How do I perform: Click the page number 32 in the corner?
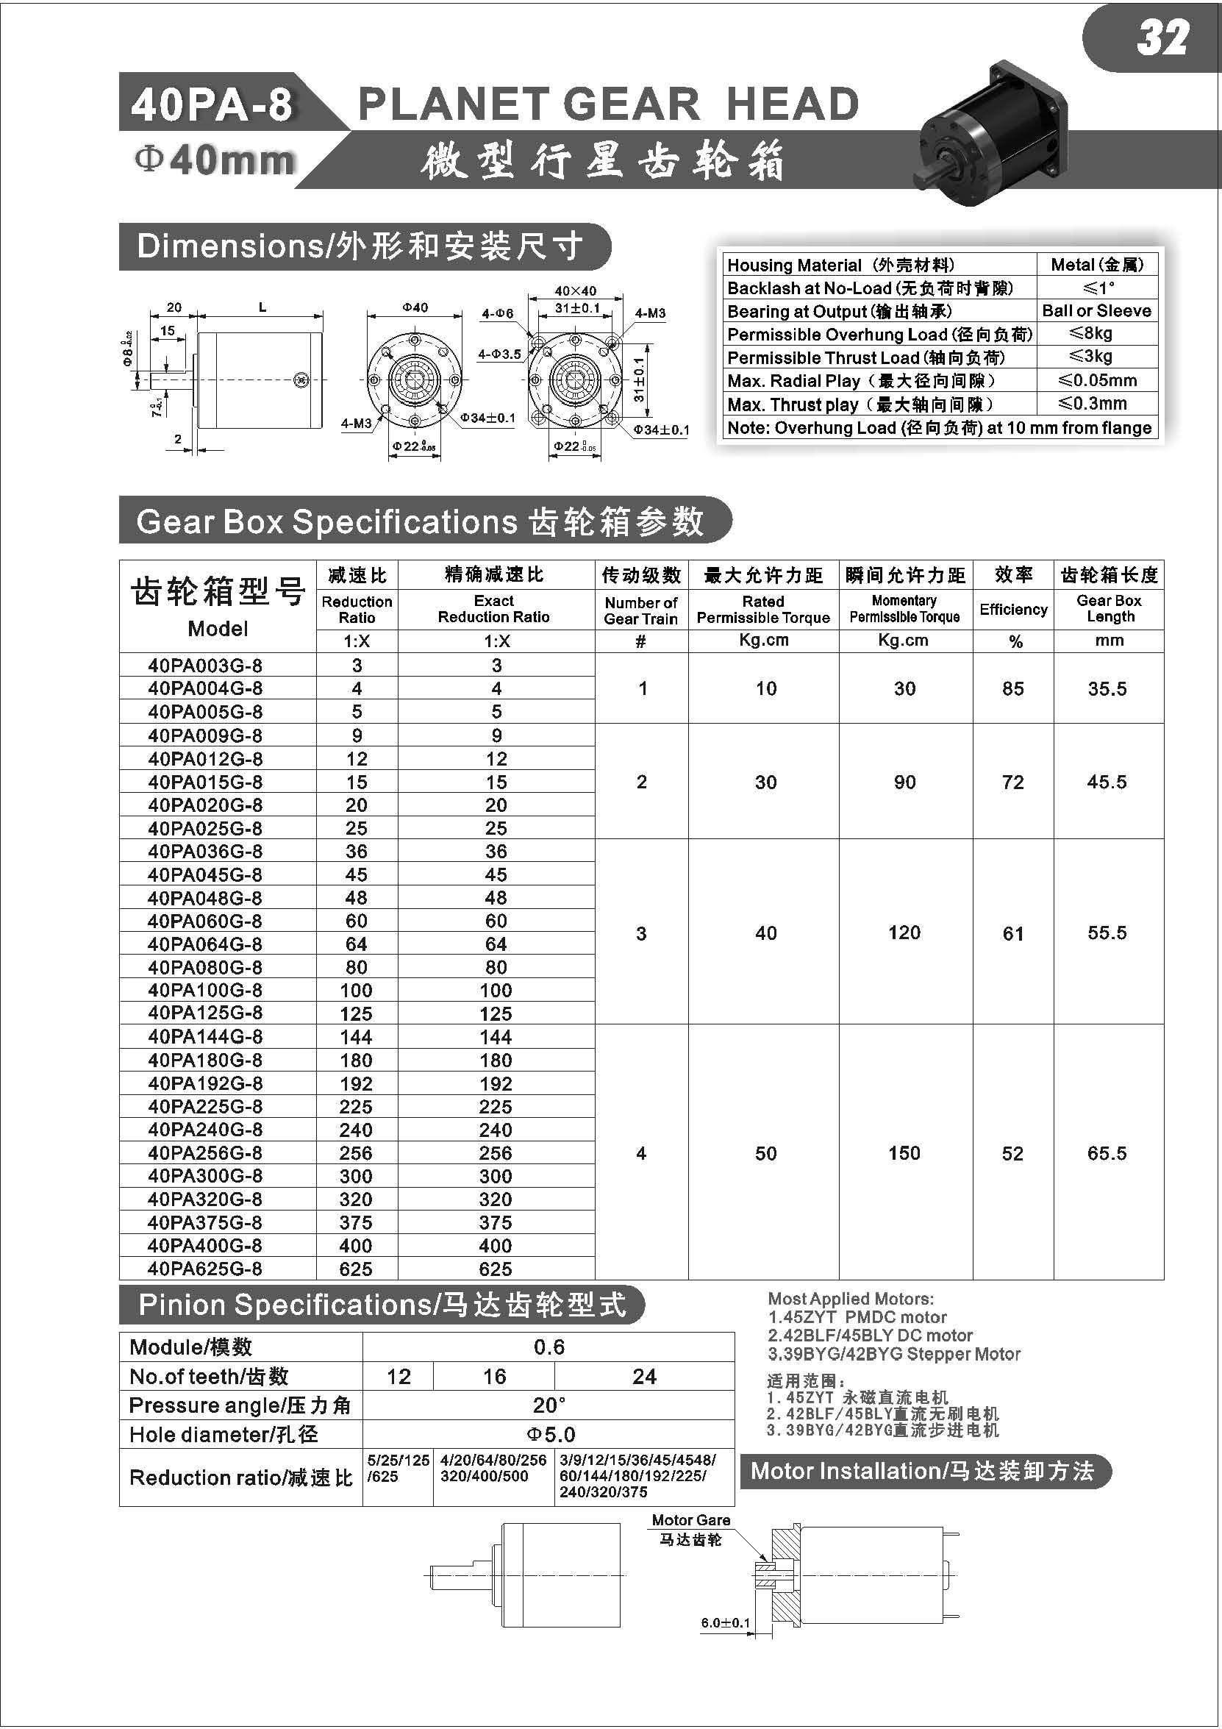click(x=1162, y=38)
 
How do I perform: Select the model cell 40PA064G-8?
click(x=205, y=944)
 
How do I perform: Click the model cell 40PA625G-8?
click(x=205, y=1268)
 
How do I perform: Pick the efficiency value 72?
click(x=1012, y=782)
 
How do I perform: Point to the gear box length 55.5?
click(x=1107, y=933)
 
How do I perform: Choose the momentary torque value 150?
click(x=904, y=1153)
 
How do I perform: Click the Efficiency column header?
click(x=1013, y=608)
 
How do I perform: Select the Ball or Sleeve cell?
click(x=1097, y=310)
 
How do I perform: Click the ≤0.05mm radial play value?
click(x=1097, y=380)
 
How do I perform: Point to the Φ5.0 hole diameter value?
click(x=551, y=1434)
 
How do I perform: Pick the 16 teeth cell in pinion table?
click(x=494, y=1376)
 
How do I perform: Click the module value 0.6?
click(x=549, y=1347)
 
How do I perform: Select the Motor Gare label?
click(x=690, y=1519)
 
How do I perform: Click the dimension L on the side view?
click(x=262, y=307)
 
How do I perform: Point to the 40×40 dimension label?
click(x=575, y=290)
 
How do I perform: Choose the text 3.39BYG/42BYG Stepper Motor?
click(x=894, y=1353)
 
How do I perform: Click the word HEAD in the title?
click(x=792, y=104)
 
